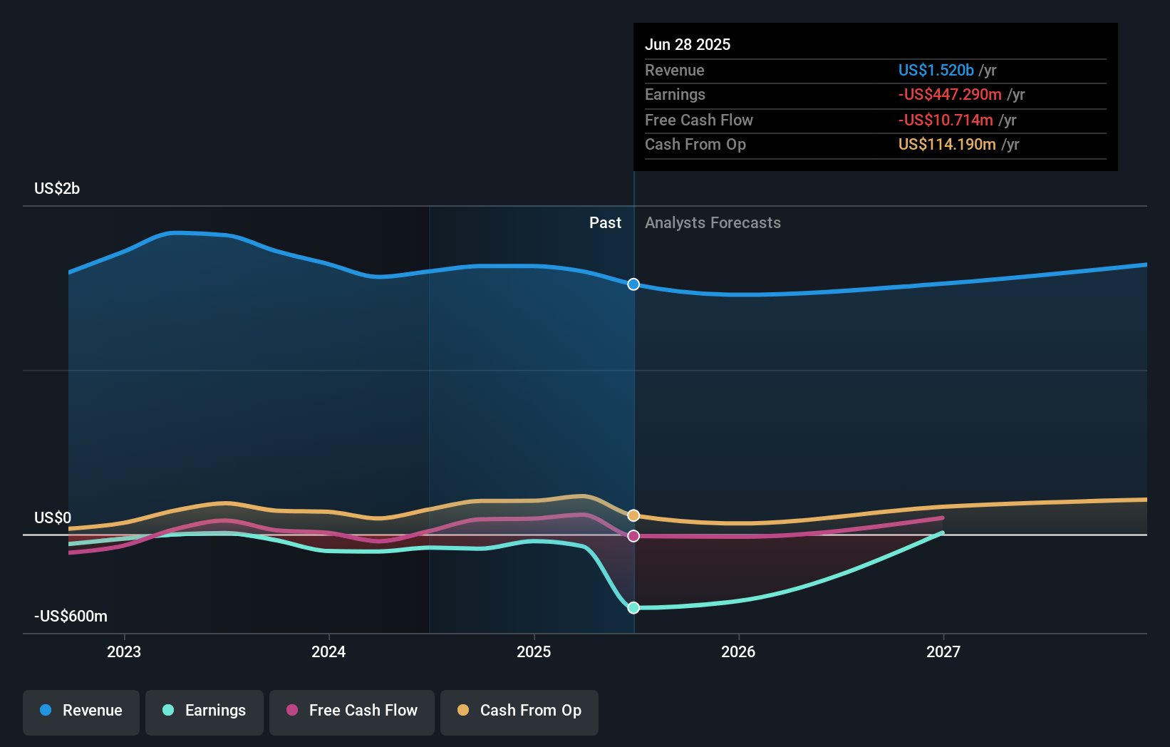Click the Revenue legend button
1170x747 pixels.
(x=81, y=711)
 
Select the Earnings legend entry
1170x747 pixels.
(x=205, y=711)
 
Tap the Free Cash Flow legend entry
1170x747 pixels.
(x=352, y=711)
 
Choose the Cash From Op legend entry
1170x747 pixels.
(x=519, y=711)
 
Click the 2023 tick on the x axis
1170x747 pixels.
(x=124, y=652)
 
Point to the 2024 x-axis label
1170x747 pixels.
(x=328, y=652)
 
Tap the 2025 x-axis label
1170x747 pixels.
(x=534, y=652)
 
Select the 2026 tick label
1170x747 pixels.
(x=738, y=652)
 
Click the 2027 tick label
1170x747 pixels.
(x=943, y=652)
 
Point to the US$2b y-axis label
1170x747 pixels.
(x=57, y=189)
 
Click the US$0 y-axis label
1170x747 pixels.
(x=53, y=518)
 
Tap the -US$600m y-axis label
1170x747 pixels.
(x=71, y=617)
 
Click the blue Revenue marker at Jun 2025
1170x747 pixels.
(x=633, y=284)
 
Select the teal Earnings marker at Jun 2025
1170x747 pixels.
(x=633, y=608)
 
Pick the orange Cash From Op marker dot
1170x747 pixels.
(x=633, y=515)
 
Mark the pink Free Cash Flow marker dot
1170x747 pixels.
(x=633, y=536)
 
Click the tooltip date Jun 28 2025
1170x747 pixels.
(x=688, y=45)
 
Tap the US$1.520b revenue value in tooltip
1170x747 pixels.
(x=936, y=71)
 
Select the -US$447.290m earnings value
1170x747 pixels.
(x=950, y=95)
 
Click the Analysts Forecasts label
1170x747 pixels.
(x=713, y=223)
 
